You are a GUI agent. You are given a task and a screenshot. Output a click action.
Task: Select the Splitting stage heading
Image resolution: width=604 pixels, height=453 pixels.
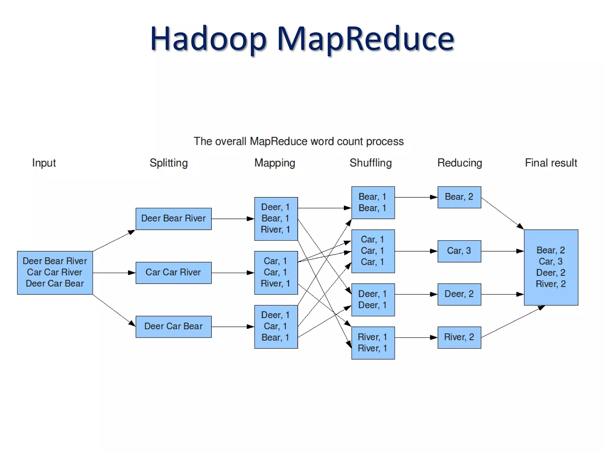[168, 163]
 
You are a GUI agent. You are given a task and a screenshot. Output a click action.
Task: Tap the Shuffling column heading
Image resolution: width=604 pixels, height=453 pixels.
[370, 163]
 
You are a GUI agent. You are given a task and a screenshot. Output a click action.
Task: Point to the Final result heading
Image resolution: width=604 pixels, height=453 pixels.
[551, 163]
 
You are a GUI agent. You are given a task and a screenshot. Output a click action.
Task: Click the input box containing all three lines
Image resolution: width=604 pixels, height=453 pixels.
[55, 273]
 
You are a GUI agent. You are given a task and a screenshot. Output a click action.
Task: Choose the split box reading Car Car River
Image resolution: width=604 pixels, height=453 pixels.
[173, 273]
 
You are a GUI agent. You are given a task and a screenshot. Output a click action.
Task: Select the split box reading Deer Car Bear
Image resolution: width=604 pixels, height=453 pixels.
[173, 326]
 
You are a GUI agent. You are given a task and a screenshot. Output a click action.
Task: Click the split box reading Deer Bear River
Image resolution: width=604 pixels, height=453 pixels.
[173, 219]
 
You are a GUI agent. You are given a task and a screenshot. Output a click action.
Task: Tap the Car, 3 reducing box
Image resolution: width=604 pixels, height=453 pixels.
[459, 251]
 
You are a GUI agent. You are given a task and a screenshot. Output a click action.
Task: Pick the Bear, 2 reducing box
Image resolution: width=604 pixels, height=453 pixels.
[459, 197]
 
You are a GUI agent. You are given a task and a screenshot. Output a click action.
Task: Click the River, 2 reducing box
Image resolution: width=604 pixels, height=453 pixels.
[459, 337]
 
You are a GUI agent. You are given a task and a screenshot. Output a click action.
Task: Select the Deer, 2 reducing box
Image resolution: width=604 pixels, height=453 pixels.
[459, 294]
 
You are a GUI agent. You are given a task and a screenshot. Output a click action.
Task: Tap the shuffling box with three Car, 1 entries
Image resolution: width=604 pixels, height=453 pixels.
[373, 251]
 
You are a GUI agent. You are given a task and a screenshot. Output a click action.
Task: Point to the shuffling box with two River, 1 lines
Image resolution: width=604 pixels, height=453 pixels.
[373, 343]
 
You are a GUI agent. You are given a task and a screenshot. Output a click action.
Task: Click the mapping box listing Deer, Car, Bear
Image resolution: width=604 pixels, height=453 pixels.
[276, 326]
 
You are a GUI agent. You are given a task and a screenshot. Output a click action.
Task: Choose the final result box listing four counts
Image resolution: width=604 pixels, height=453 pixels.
[551, 267]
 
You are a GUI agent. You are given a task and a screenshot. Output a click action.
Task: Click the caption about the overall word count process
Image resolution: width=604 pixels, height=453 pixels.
[298, 142]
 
